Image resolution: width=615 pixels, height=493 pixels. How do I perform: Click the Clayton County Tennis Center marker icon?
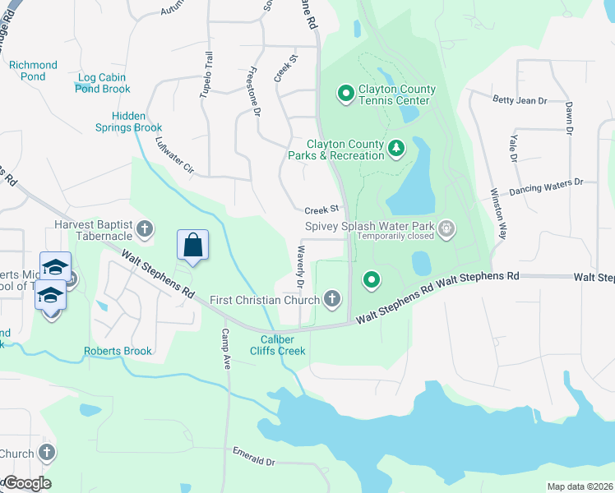click(345, 94)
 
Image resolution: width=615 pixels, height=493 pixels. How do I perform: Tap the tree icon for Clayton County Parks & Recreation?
click(397, 149)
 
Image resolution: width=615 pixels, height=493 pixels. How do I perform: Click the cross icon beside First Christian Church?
click(332, 299)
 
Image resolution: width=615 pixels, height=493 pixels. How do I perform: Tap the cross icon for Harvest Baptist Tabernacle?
click(145, 229)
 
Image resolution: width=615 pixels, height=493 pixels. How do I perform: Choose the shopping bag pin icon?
click(192, 245)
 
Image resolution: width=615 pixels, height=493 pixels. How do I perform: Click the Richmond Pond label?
click(33, 71)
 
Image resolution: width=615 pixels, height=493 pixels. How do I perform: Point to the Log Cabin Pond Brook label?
click(103, 83)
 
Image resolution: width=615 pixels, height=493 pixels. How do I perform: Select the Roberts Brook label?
click(118, 351)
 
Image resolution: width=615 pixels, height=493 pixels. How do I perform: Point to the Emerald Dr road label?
click(253, 456)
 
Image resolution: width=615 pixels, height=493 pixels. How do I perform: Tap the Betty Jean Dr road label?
click(520, 100)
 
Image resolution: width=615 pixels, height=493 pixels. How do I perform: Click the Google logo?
click(27, 483)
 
